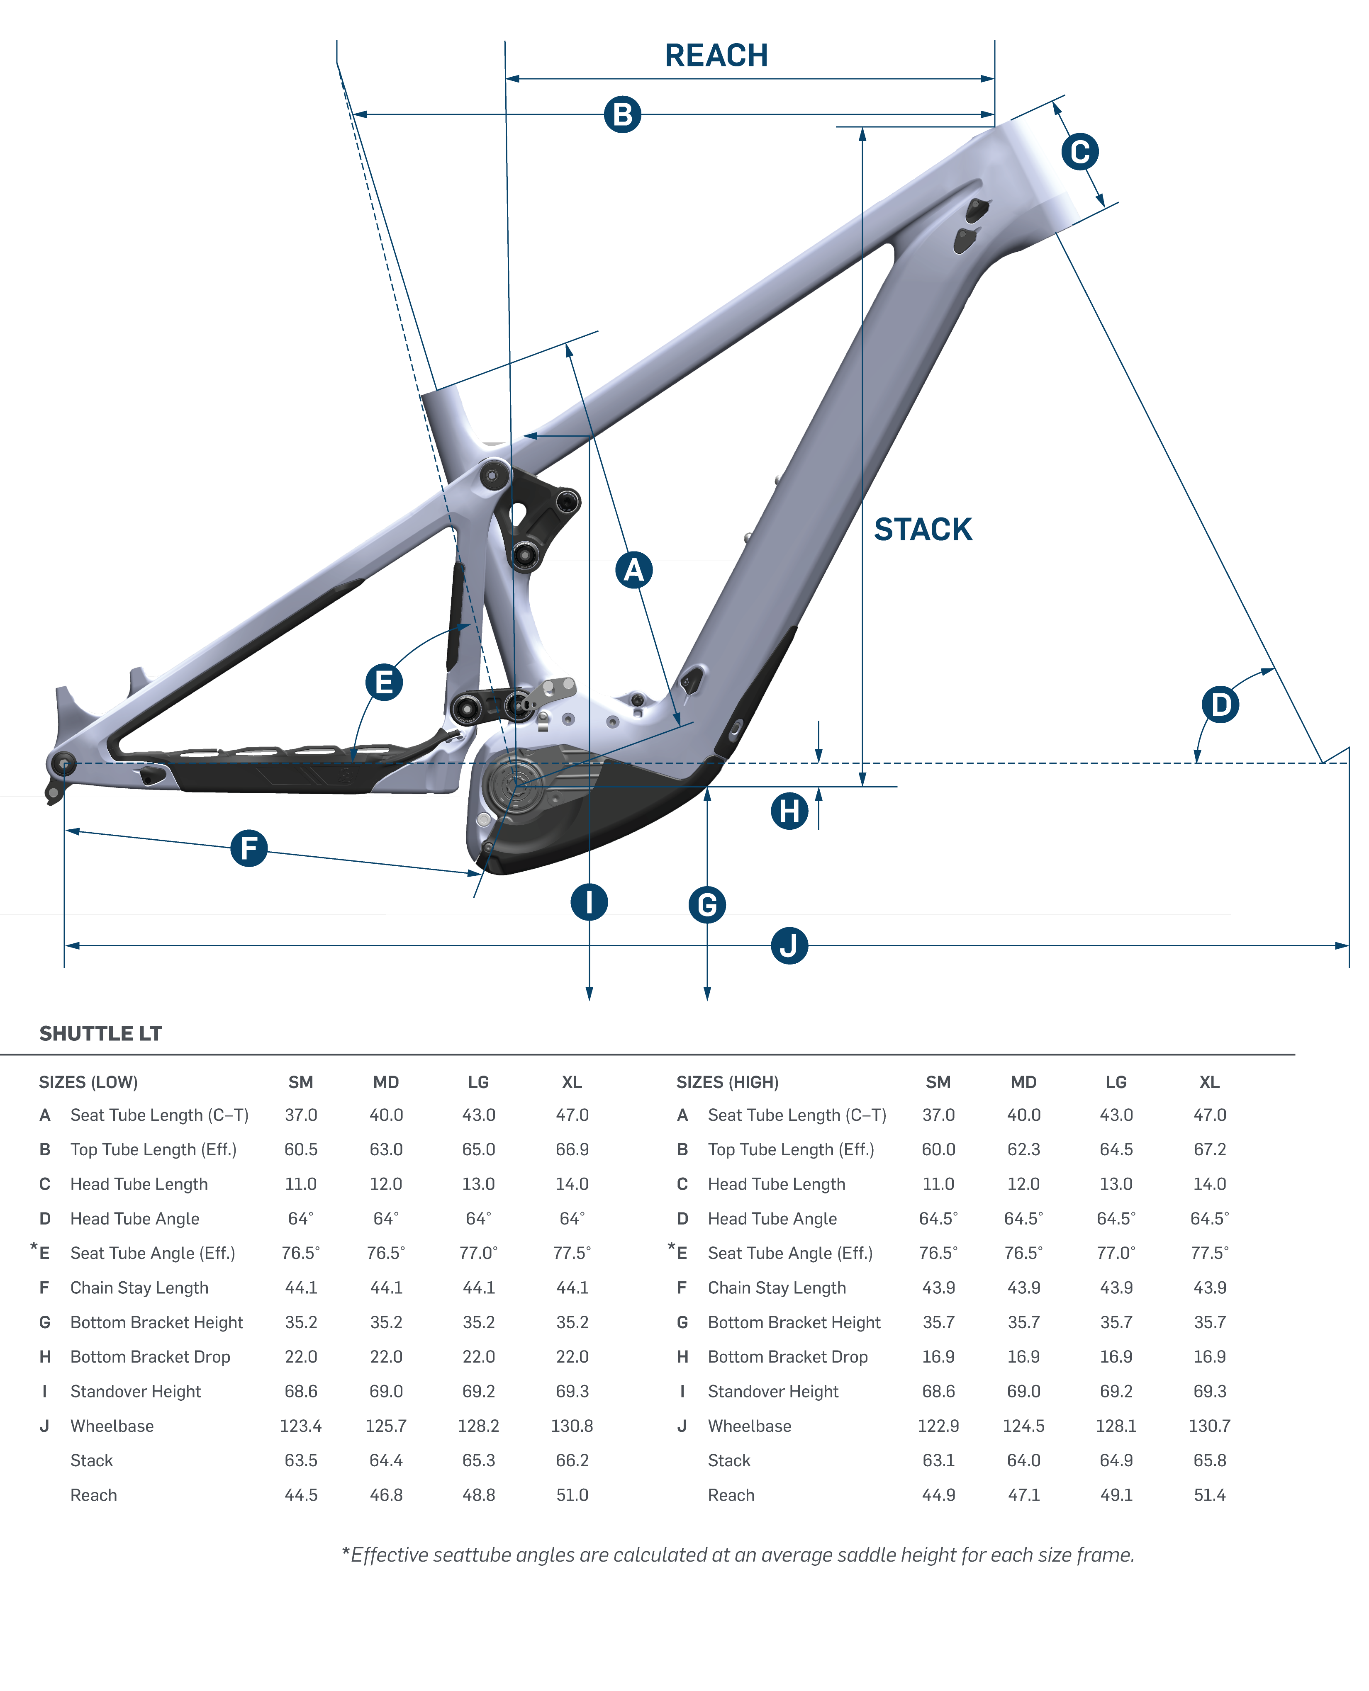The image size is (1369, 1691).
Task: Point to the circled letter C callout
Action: click(1079, 152)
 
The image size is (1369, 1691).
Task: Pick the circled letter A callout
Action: click(633, 570)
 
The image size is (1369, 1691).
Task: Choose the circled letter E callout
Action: click(384, 682)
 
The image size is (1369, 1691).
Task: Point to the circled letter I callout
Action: click(589, 902)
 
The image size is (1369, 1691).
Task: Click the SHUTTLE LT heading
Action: click(101, 1033)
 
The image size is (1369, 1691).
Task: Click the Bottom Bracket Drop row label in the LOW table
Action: click(150, 1357)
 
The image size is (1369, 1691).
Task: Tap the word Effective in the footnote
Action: click(390, 1555)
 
